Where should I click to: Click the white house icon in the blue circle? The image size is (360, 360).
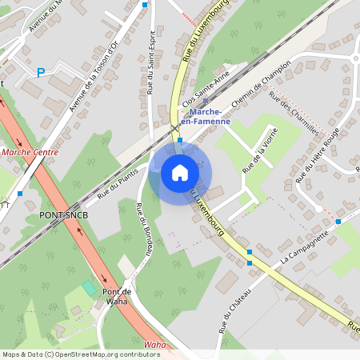tap(179, 172)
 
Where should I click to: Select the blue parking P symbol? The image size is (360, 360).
tap(41, 73)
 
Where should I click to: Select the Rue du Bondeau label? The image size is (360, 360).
tap(144, 229)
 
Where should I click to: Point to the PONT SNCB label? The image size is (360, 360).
tap(62, 216)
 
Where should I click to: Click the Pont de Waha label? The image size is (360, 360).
tap(116, 296)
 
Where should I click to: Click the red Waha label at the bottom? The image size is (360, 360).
tap(154, 345)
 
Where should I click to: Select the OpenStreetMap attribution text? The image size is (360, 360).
tap(81, 354)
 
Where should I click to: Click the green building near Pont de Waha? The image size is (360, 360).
tap(89, 286)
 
